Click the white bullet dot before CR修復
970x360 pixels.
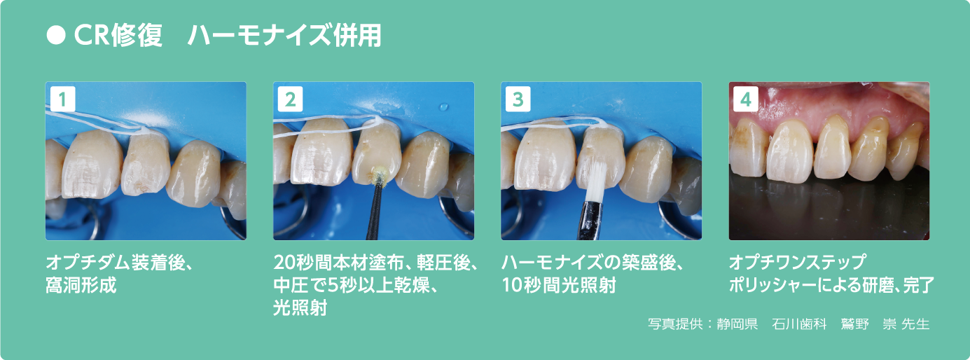55,36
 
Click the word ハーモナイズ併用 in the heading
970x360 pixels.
284,36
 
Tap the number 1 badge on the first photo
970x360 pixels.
62,99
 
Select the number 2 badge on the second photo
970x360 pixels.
290,99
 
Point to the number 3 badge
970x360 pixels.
518,99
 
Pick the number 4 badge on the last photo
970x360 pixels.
745,99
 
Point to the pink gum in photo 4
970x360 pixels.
826,102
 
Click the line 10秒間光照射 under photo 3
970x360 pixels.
558,286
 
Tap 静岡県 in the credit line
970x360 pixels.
737,325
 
